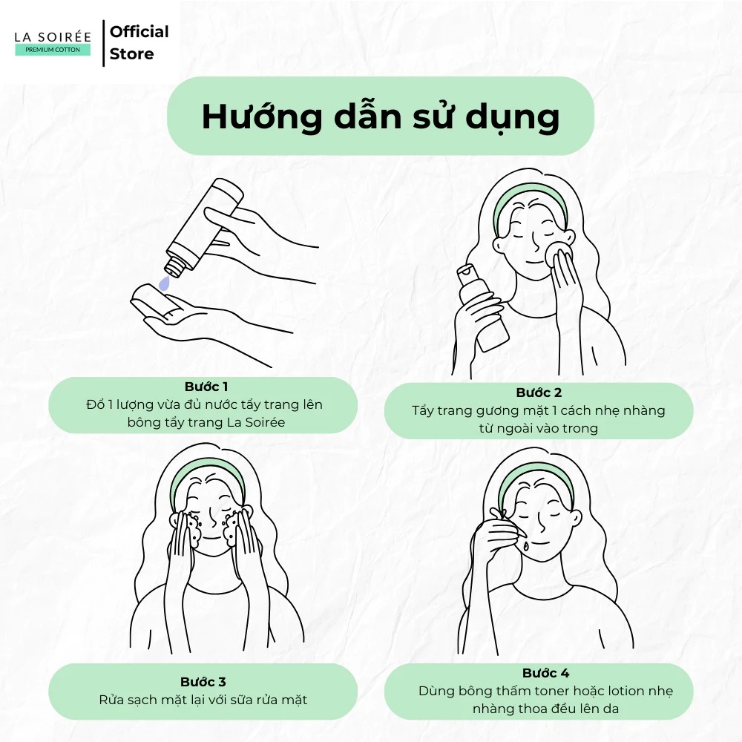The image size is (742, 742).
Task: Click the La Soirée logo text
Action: [x=53, y=36]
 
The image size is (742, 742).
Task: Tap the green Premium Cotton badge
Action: [x=53, y=50]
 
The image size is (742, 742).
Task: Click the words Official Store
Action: [x=139, y=42]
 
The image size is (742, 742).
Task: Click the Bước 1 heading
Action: [x=206, y=387]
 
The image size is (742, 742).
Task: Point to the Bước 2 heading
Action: [x=538, y=393]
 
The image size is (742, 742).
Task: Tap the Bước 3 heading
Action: [x=203, y=682]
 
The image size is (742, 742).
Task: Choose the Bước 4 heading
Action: [x=545, y=673]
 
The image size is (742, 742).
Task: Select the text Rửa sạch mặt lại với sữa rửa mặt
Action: [x=203, y=700]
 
